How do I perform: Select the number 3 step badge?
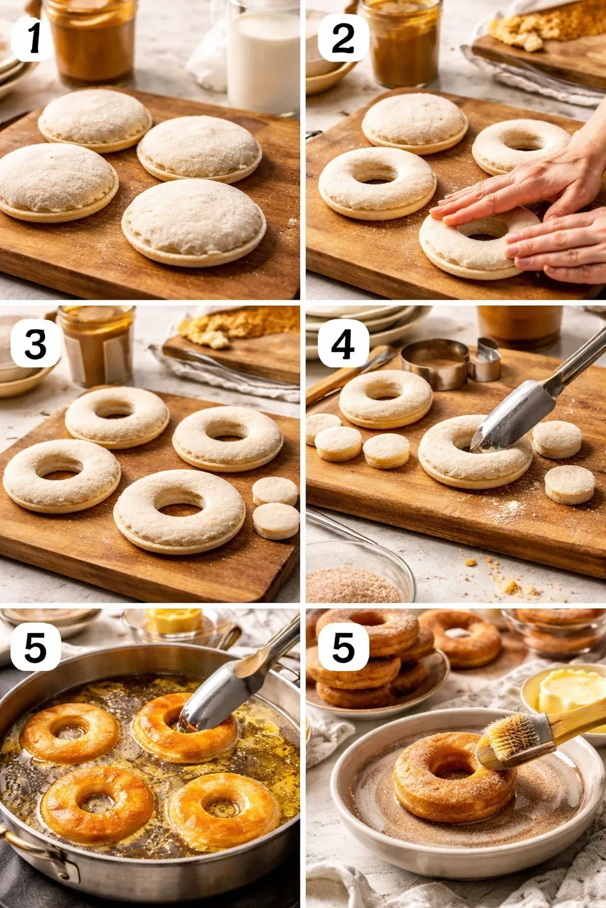[36, 343]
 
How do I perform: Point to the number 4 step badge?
[343, 343]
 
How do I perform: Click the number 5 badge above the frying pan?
[36, 647]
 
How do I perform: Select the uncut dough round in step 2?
[414, 122]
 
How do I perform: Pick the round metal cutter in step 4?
[435, 363]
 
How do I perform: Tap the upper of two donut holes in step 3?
[275, 491]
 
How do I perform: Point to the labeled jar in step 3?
[98, 345]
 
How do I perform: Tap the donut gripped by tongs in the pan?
[185, 728]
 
